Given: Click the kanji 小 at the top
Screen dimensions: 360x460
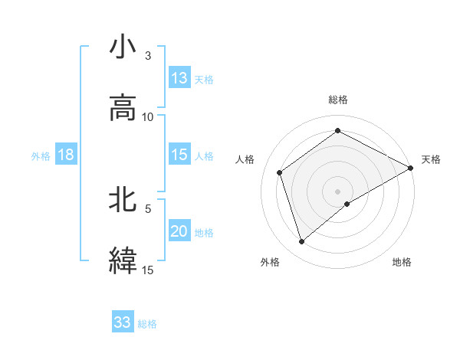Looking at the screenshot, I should click(x=123, y=47).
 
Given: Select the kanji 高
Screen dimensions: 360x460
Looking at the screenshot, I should click(x=123, y=107).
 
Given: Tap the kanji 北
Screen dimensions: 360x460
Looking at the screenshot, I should click(x=123, y=200).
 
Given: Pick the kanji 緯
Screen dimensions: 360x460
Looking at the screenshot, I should click(x=123, y=260).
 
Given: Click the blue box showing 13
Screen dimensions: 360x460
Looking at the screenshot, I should click(x=179, y=78).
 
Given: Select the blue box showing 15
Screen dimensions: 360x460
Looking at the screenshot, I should click(x=179, y=155).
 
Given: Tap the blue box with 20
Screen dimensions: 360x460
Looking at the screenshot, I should click(x=179, y=231).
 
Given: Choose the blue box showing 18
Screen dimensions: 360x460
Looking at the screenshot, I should click(x=66, y=155).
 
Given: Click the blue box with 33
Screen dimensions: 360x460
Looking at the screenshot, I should click(x=123, y=322).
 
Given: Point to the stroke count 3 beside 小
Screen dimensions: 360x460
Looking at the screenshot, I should click(x=148, y=56).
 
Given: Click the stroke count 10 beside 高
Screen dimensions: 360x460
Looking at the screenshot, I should click(x=148, y=116).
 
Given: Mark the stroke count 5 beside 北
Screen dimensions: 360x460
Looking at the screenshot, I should click(x=148, y=208).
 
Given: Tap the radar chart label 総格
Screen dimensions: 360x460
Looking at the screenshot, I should click(x=338, y=100).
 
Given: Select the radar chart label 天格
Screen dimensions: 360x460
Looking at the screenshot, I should click(x=431, y=159).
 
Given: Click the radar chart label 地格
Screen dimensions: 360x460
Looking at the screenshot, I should click(x=402, y=262).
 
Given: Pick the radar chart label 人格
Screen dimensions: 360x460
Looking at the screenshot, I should click(x=245, y=159).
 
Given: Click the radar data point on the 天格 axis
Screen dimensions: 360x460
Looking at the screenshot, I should click(x=410, y=167).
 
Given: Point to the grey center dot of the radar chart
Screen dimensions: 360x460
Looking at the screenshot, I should click(x=338, y=191).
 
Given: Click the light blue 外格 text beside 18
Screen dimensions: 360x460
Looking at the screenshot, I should click(x=41, y=156).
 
